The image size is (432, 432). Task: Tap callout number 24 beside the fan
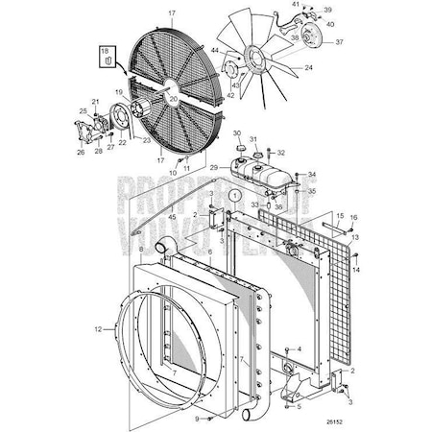(309, 68)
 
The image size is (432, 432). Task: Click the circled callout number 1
(233, 195)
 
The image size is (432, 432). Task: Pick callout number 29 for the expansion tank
(228, 167)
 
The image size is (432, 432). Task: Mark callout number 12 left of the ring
(139, 248)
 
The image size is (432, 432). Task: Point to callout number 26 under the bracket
(80, 151)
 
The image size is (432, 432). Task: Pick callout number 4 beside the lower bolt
(298, 348)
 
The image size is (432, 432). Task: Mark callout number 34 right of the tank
(312, 176)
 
